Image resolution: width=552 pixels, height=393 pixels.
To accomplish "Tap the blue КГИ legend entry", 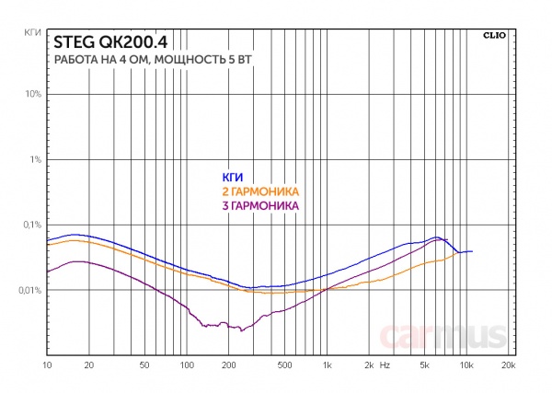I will (232, 177).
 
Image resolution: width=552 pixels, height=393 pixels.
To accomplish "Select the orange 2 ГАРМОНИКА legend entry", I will (261, 191).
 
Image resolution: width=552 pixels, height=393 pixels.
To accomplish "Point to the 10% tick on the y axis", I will (31, 95).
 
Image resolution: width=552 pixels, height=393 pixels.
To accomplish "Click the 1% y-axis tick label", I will (34, 160).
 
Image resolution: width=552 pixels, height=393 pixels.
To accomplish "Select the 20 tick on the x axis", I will (89, 366).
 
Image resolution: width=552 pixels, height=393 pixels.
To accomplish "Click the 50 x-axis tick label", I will (144, 366).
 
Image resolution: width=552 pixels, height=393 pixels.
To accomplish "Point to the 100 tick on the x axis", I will (187, 366).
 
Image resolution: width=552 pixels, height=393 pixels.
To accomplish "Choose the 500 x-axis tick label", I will (284, 366).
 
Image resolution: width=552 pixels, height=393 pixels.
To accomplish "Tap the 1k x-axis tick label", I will (327, 366).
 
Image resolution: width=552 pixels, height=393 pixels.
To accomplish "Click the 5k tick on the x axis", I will (424, 366).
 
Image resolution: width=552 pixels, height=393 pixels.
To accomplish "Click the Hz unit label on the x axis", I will (385, 366).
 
